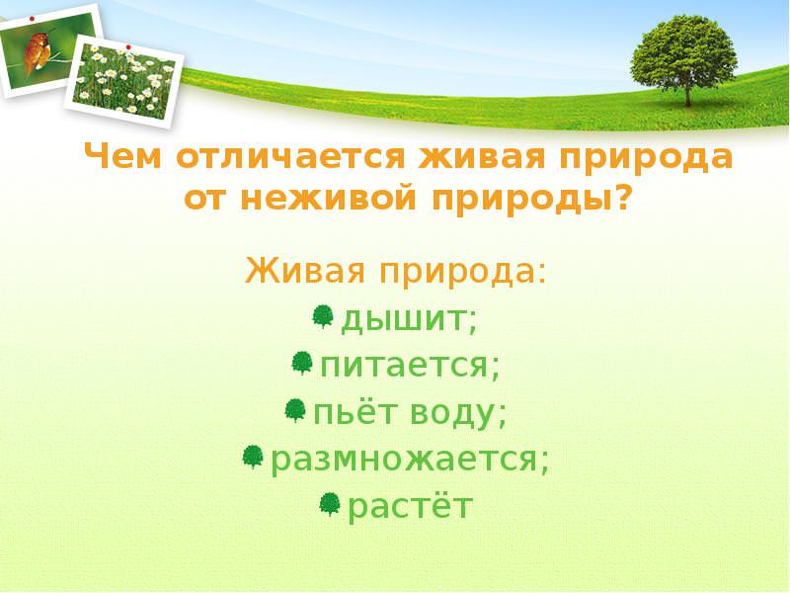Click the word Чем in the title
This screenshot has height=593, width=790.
coord(122,156)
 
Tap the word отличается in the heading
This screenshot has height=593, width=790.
coord(290,156)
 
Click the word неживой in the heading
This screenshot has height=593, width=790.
coord(328,199)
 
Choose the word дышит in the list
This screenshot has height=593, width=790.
coord(403,319)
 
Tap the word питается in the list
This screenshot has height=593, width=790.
coord(404,365)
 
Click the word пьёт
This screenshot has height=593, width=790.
coord(355,412)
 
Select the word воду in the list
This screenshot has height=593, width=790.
coord(452,414)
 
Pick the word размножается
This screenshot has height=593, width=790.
coord(404,461)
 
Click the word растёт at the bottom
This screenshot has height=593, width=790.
coord(410,507)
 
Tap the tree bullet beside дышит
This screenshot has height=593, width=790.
coord(323,316)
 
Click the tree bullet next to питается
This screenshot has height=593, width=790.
coord(302,363)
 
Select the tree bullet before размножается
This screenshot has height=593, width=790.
coord(253,457)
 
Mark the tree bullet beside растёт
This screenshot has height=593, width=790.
coord(330,504)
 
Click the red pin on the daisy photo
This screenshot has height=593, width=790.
coord(128,47)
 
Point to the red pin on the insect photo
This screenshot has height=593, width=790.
coord(33,19)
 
